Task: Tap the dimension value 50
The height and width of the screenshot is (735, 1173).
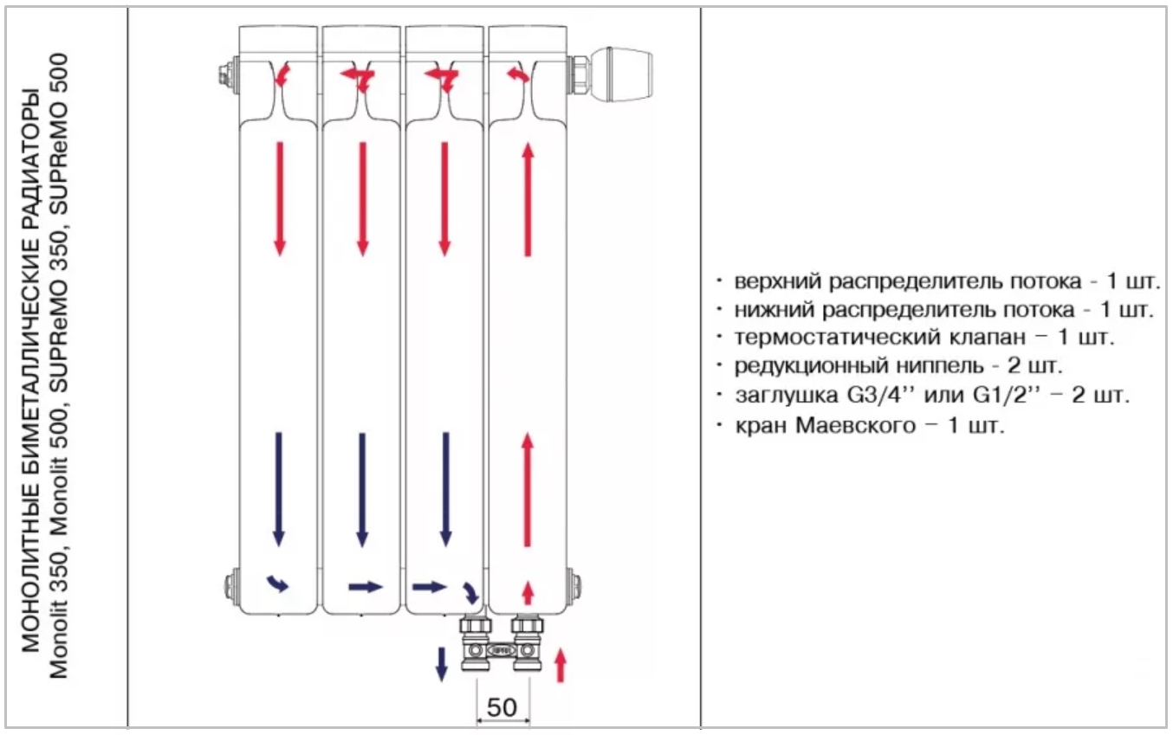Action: (x=502, y=706)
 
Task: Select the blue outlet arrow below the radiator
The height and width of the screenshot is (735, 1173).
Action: (x=441, y=663)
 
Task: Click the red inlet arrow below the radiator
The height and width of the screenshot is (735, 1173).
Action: (x=560, y=664)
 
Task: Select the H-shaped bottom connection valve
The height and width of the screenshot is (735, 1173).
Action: (x=501, y=644)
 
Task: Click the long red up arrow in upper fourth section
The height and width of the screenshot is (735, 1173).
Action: (x=528, y=200)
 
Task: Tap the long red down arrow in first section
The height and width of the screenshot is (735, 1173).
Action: (x=279, y=198)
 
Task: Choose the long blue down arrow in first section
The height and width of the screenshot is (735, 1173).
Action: (x=279, y=489)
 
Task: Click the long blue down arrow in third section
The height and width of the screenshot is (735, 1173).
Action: (x=445, y=489)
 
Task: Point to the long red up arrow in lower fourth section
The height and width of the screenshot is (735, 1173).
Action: (x=528, y=490)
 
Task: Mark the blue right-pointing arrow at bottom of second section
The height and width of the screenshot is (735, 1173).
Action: (x=365, y=587)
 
